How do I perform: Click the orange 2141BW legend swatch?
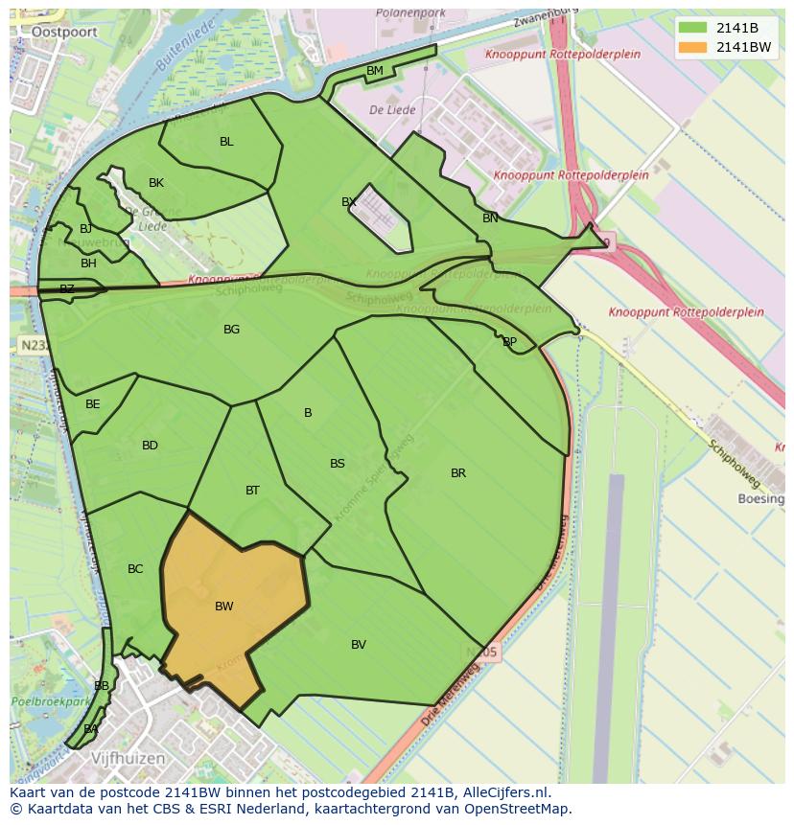click(695, 47)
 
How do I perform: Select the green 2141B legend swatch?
click(695, 28)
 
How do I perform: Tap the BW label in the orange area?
click(224, 607)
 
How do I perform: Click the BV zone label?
click(359, 645)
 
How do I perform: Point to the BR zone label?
click(458, 473)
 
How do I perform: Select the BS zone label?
click(338, 464)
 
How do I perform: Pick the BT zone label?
click(252, 491)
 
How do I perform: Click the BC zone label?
click(135, 569)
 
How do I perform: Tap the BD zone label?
click(150, 446)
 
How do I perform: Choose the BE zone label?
click(93, 404)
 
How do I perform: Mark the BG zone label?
click(231, 330)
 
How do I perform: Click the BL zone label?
click(226, 142)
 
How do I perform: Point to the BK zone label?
click(156, 183)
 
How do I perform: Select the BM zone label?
click(375, 71)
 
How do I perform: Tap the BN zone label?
click(490, 218)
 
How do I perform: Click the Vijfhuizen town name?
click(128, 758)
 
